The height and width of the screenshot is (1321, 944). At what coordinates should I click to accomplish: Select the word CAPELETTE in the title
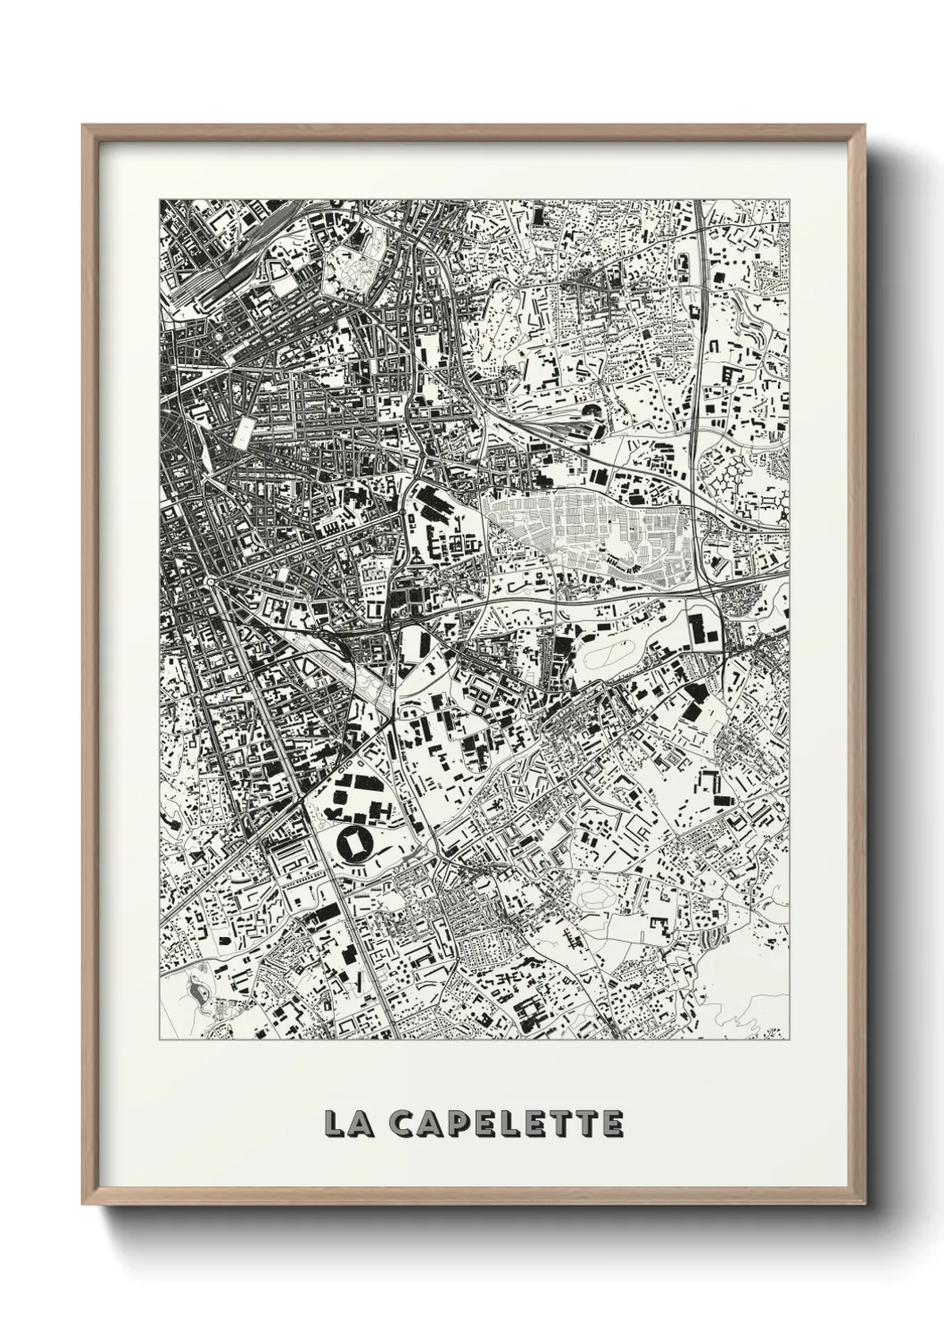pos(508,1123)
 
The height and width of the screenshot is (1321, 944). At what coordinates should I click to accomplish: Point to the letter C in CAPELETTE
pos(405,1123)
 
